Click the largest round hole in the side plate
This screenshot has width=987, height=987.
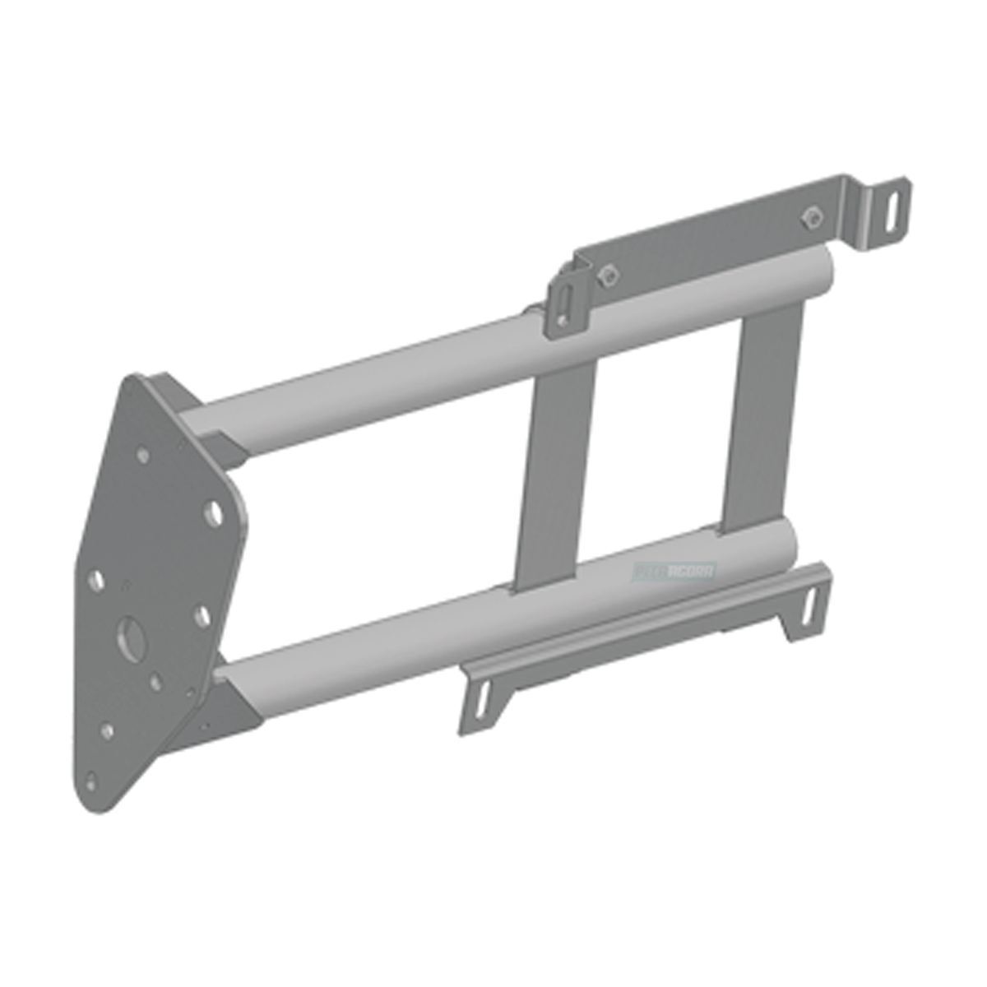click(x=130, y=634)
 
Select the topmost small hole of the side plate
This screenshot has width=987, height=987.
click(x=143, y=453)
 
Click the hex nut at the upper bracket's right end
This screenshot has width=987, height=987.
click(x=809, y=216)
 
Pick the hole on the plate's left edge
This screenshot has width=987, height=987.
click(x=95, y=581)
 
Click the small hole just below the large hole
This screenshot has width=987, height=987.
click(x=155, y=683)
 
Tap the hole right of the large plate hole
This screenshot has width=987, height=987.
click(x=201, y=614)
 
